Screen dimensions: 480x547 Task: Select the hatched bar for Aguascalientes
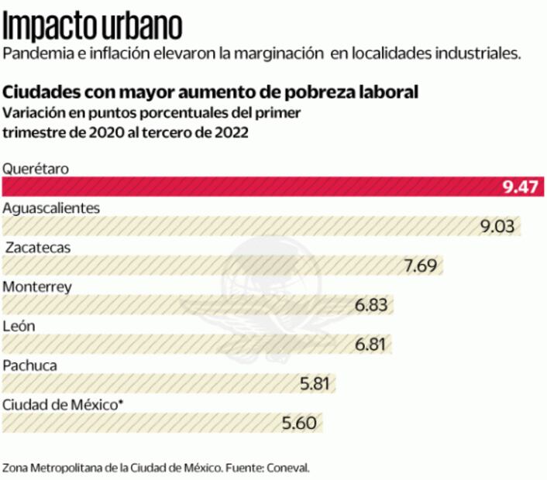coord(240,226)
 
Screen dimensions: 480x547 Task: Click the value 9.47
coord(520,187)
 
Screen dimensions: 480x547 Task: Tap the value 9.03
coord(498,226)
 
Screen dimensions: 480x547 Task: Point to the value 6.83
coord(371,305)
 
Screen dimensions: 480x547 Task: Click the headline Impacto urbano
coord(93,25)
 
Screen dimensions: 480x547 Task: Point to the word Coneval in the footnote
coord(287,468)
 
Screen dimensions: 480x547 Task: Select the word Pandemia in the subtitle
coord(32,53)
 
